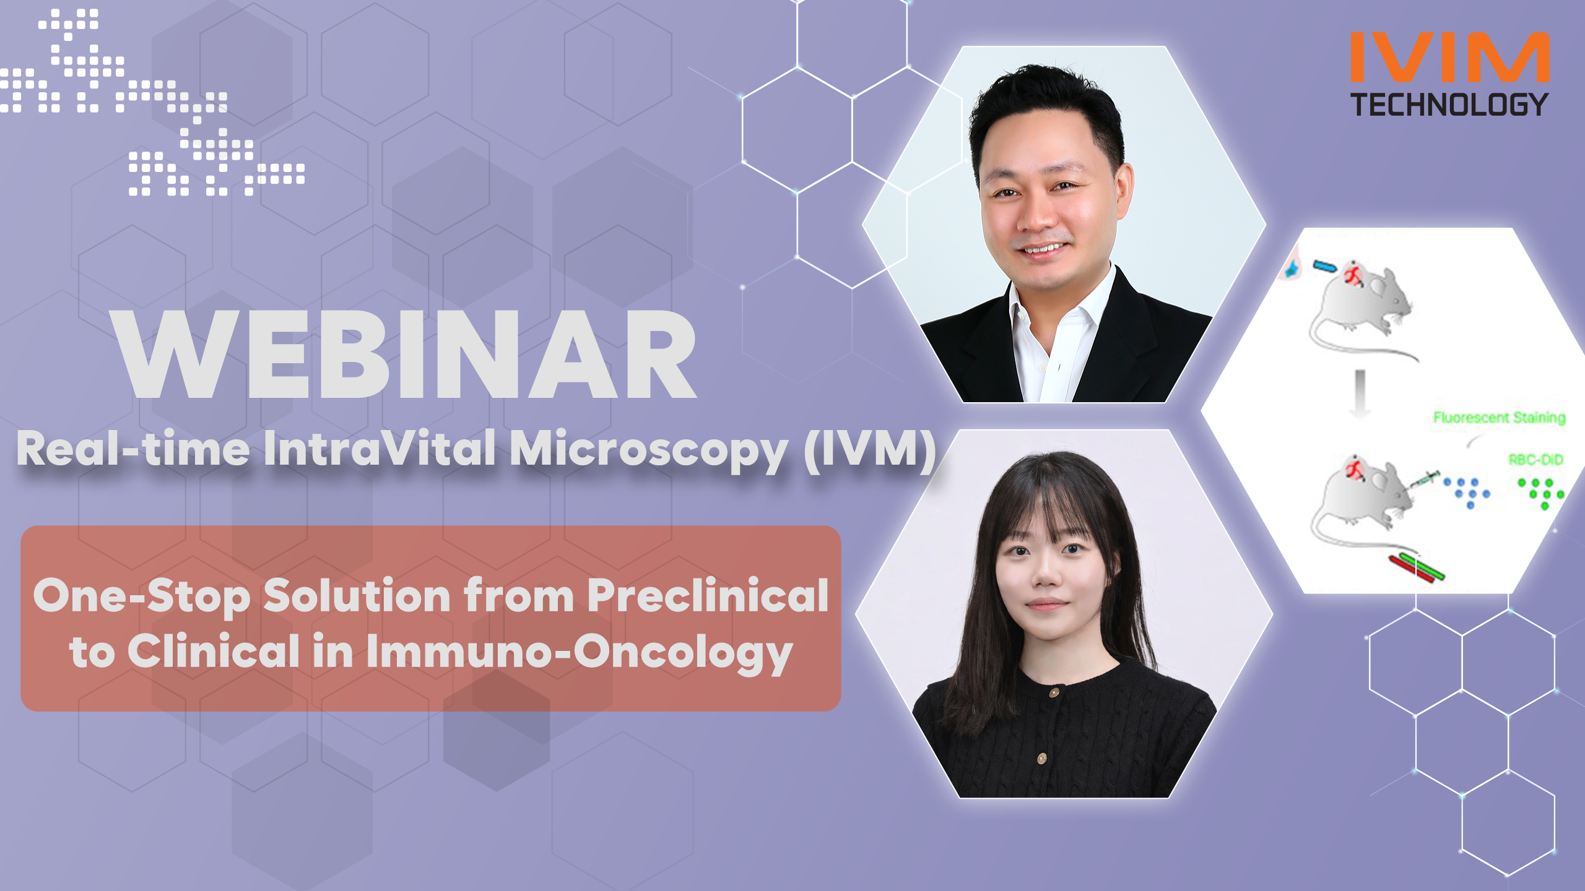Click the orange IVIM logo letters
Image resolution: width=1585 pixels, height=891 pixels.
(1449, 57)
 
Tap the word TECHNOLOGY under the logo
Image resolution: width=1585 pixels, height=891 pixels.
(1449, 105)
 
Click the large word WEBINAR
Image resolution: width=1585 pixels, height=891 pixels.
(406, 355)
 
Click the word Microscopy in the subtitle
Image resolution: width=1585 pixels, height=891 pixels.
(648, 451)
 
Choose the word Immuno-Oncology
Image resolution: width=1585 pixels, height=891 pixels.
(579, 652)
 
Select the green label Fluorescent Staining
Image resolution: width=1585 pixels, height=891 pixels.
(1499, 418)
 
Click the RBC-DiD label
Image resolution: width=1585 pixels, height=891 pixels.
(1535, 460)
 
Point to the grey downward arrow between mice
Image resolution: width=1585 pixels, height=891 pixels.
(1360, 392)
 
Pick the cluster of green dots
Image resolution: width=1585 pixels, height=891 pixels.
(1540, 493)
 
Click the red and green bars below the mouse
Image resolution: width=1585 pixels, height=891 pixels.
(1417, 568)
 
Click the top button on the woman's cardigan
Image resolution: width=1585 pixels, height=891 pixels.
(1054, 692)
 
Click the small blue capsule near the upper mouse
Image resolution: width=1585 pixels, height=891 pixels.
(1324, 267)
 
